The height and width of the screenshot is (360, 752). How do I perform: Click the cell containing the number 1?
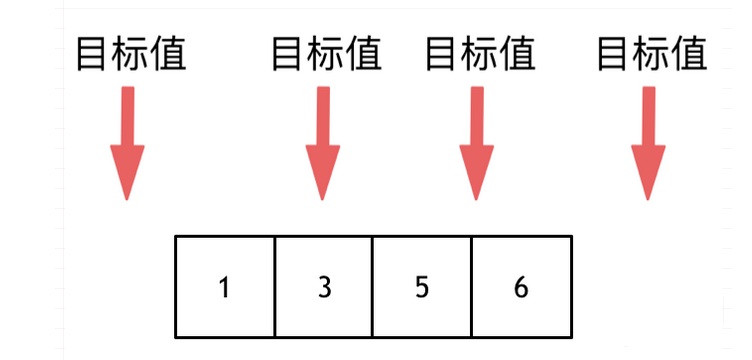tap(224, 286)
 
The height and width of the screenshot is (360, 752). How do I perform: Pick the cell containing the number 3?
tap(323, 286)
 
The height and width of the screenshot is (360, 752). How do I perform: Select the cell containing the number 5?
tap(421, 286)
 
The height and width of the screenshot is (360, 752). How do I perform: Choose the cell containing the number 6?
tap(520, 286)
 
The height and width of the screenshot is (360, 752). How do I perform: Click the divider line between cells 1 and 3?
tap(274, 286)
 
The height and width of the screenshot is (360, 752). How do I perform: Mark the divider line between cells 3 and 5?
tap(372, 286)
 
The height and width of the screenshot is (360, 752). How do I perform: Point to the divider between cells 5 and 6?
tap(471, 286)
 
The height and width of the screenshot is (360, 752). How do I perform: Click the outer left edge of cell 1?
tap(176, 286)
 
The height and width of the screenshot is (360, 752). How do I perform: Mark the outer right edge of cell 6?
tap(571, 286)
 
